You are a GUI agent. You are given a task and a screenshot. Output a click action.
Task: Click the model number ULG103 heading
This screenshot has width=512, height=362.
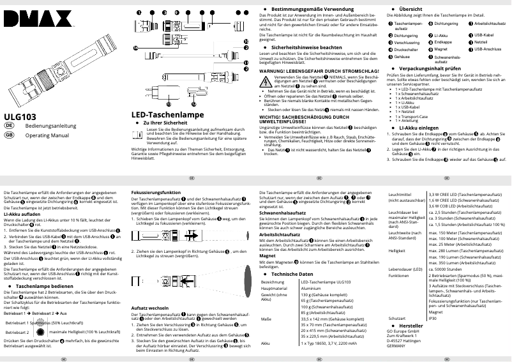click(x=20, y=117)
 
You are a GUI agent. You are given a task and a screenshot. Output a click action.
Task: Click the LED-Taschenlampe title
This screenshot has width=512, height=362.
click(x=158, y=114)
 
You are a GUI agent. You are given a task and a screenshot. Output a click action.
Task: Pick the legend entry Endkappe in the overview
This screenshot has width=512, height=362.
click(x=444, y=41)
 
